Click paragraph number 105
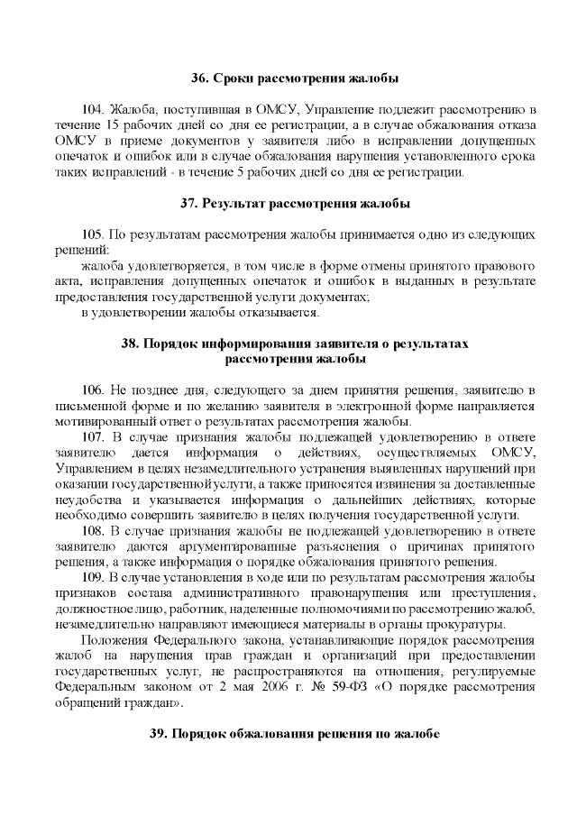coord(95,234)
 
